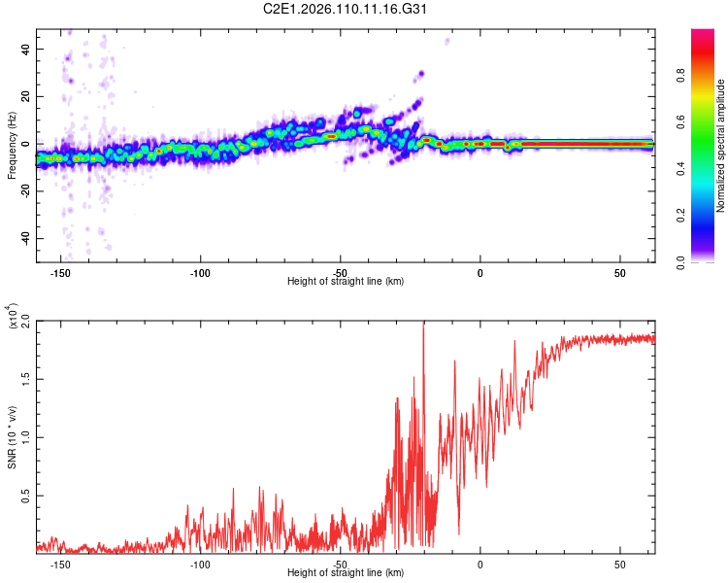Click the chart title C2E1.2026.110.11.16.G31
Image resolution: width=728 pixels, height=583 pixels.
coord(363,11)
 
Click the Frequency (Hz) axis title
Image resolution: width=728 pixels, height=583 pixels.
coord(12,145)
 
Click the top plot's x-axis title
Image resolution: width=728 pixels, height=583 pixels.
coord(346,282)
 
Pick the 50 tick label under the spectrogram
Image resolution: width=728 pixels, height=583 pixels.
coord(619,272)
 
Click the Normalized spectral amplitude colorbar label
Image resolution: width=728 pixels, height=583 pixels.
coord(721,145)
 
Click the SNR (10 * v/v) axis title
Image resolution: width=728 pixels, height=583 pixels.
coord(12,436)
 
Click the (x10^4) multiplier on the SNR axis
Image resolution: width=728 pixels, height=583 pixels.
coord(12,317)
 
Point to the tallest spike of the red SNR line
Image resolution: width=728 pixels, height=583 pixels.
coord(423,324)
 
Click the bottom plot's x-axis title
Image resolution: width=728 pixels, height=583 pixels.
coord(346,573)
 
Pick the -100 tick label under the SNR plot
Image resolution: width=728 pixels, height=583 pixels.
coord(200,564)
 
